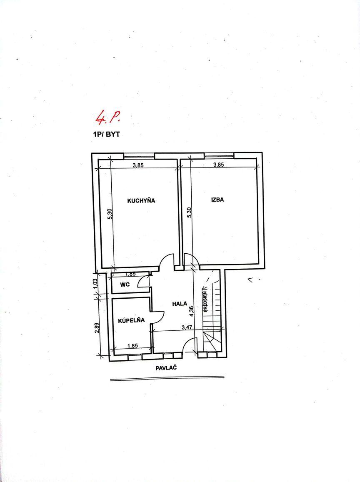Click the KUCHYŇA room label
tap(141, 201)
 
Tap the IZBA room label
tap(217, 200)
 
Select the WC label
tap(125, 285)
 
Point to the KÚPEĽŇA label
tap(131, 320)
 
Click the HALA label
tap(180, 304)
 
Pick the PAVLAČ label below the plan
tap(167, 368)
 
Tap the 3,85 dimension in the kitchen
tap(138, 165)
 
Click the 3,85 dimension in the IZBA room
tap(219, 165)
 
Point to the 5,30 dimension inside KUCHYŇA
tap(110, 214)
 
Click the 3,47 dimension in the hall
tap(187, 327)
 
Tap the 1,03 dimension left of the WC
tap(95, 283)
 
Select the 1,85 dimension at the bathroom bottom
tap(132, 345)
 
